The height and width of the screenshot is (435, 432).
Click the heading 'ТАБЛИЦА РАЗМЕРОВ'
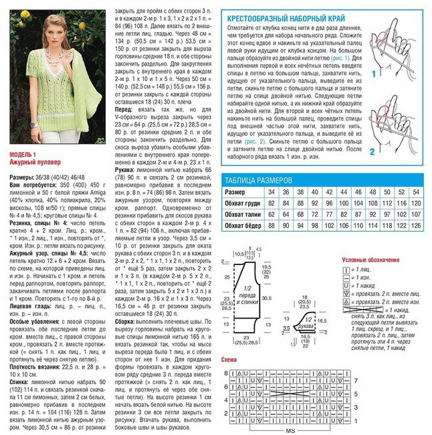pos(258,181)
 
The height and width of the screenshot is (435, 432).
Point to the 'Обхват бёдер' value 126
pos(416,225)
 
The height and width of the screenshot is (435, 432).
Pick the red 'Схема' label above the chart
pos(229,360)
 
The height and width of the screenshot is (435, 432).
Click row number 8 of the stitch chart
pos(227,372)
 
